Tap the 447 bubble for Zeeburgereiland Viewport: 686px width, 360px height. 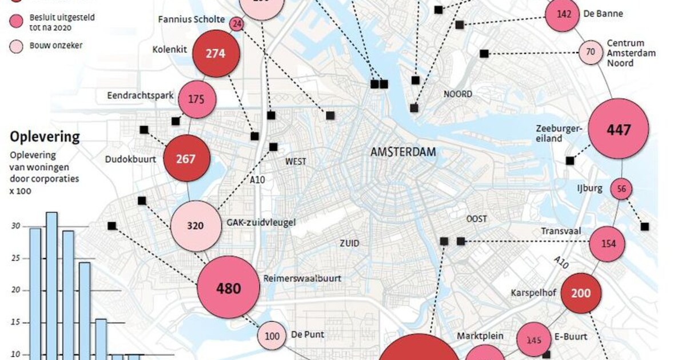point(619,129)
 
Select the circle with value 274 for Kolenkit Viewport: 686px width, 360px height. point(215,54)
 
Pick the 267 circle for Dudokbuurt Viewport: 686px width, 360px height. point(186,159)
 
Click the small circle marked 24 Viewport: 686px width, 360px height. point(237,24)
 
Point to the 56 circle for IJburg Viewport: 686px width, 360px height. point(621,189)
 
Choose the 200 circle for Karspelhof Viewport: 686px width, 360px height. point(581,293)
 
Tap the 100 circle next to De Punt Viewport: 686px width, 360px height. point(272,336)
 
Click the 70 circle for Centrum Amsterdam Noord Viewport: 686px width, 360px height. point(591,53)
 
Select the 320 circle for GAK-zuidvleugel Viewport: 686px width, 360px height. point(195,226)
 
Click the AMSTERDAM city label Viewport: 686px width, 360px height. point(403,153)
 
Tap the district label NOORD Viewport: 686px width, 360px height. point(458,94)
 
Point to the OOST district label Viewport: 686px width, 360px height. point(477,219)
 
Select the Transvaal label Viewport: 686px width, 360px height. point(560,231)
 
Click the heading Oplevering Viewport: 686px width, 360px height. point(45,137)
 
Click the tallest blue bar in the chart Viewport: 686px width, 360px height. point(51,286)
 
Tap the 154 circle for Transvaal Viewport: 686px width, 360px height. point(608,243)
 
